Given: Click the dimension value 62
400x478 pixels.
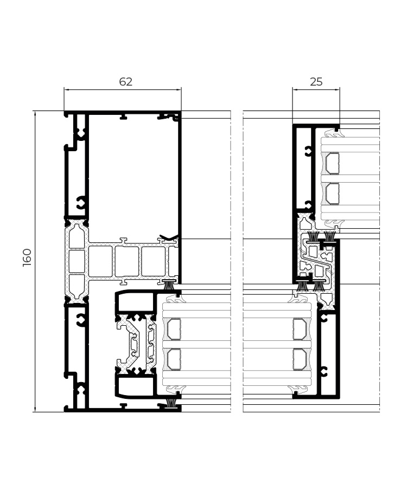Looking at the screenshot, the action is (x=125, y=82).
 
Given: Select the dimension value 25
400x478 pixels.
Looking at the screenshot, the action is (x=316, y=82).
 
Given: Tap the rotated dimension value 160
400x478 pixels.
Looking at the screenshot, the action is (x=27, y=257).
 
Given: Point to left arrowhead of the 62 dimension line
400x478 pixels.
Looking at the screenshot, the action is (x=67, y=90).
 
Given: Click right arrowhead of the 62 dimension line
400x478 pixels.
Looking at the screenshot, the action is (x=179, y=90).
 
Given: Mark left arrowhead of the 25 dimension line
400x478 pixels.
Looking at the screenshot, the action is (x=295, y=89).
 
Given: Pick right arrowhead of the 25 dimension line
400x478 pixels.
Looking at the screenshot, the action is (x=337, y=89).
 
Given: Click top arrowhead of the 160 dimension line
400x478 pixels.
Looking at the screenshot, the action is (x=35, y=114).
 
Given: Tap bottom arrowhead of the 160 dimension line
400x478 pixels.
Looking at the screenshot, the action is (x=35, y=409).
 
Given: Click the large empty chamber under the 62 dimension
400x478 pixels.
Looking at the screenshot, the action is (x=133, y=178).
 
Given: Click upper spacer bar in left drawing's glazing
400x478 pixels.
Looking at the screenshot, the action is (x=174, y=330).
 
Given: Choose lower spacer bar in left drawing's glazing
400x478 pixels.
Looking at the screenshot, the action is (x=174, y=360).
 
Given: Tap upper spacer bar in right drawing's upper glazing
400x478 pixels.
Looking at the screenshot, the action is (x=333, y=164).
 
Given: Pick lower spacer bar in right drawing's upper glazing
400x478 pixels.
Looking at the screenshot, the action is (x=333, y=193).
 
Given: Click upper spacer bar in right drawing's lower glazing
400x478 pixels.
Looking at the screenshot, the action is (x=300, y=330).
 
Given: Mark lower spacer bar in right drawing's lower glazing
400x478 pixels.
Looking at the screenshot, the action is (x=300, y=360).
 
